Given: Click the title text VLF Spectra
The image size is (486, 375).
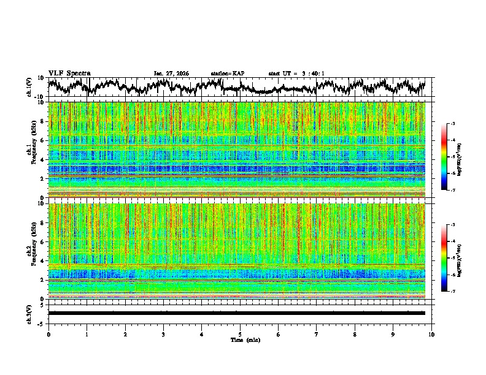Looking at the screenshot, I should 69,73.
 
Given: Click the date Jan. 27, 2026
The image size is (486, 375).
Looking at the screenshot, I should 171,74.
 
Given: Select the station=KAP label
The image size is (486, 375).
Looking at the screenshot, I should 228,74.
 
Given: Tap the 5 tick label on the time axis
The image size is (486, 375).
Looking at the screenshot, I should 240,334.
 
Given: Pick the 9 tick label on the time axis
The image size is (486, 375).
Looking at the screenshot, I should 393,334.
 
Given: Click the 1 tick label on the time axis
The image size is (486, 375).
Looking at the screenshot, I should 87,334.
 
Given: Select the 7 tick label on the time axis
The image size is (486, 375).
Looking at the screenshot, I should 317,334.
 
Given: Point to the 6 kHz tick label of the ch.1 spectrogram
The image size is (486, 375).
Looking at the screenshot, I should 41,141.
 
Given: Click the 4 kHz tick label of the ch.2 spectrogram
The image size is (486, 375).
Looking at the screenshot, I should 41,261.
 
